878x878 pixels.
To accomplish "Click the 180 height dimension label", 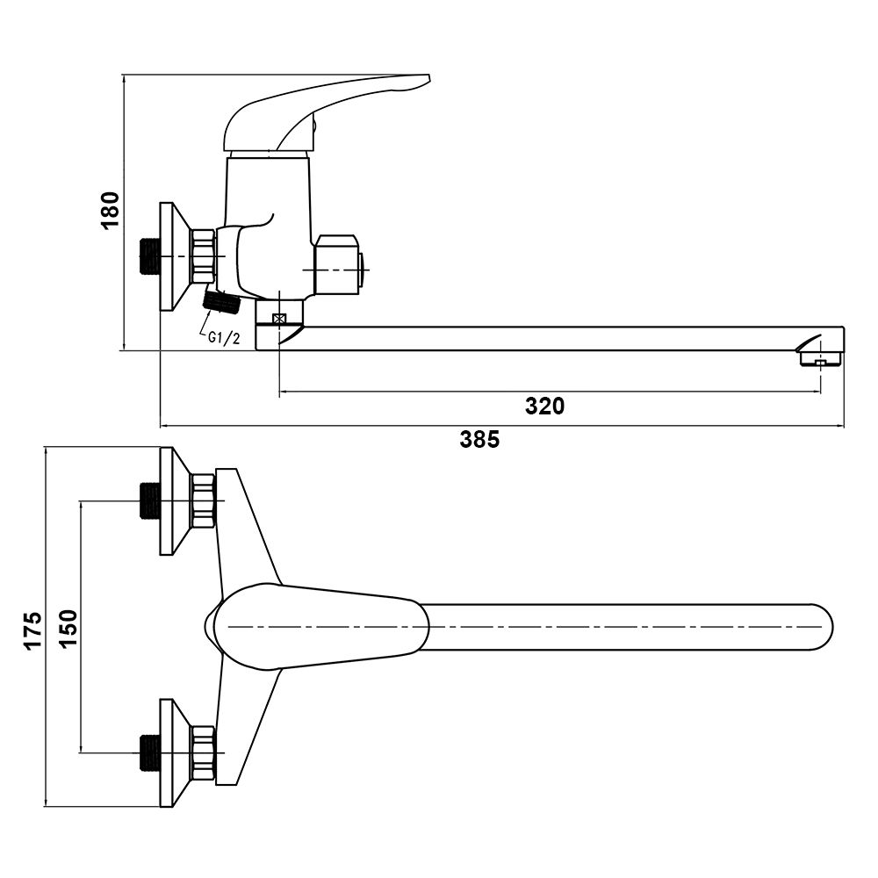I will tap(110, 211).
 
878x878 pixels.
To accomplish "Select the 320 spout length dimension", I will tap(544, 406).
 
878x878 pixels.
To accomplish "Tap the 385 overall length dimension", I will tap(479, 440).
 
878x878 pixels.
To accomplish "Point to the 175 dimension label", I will tap(32, 630).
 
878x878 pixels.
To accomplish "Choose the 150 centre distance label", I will tap(68, 627).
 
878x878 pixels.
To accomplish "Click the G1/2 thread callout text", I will tap(224, 338).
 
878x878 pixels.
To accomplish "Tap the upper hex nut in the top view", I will tap(204, 501).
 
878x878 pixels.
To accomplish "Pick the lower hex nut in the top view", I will tap(204, 752).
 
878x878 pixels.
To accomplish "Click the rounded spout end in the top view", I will tap(817, 627).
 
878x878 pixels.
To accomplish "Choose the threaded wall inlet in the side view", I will tap(150, 255).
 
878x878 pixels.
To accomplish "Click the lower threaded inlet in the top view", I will tap(150, 752).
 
